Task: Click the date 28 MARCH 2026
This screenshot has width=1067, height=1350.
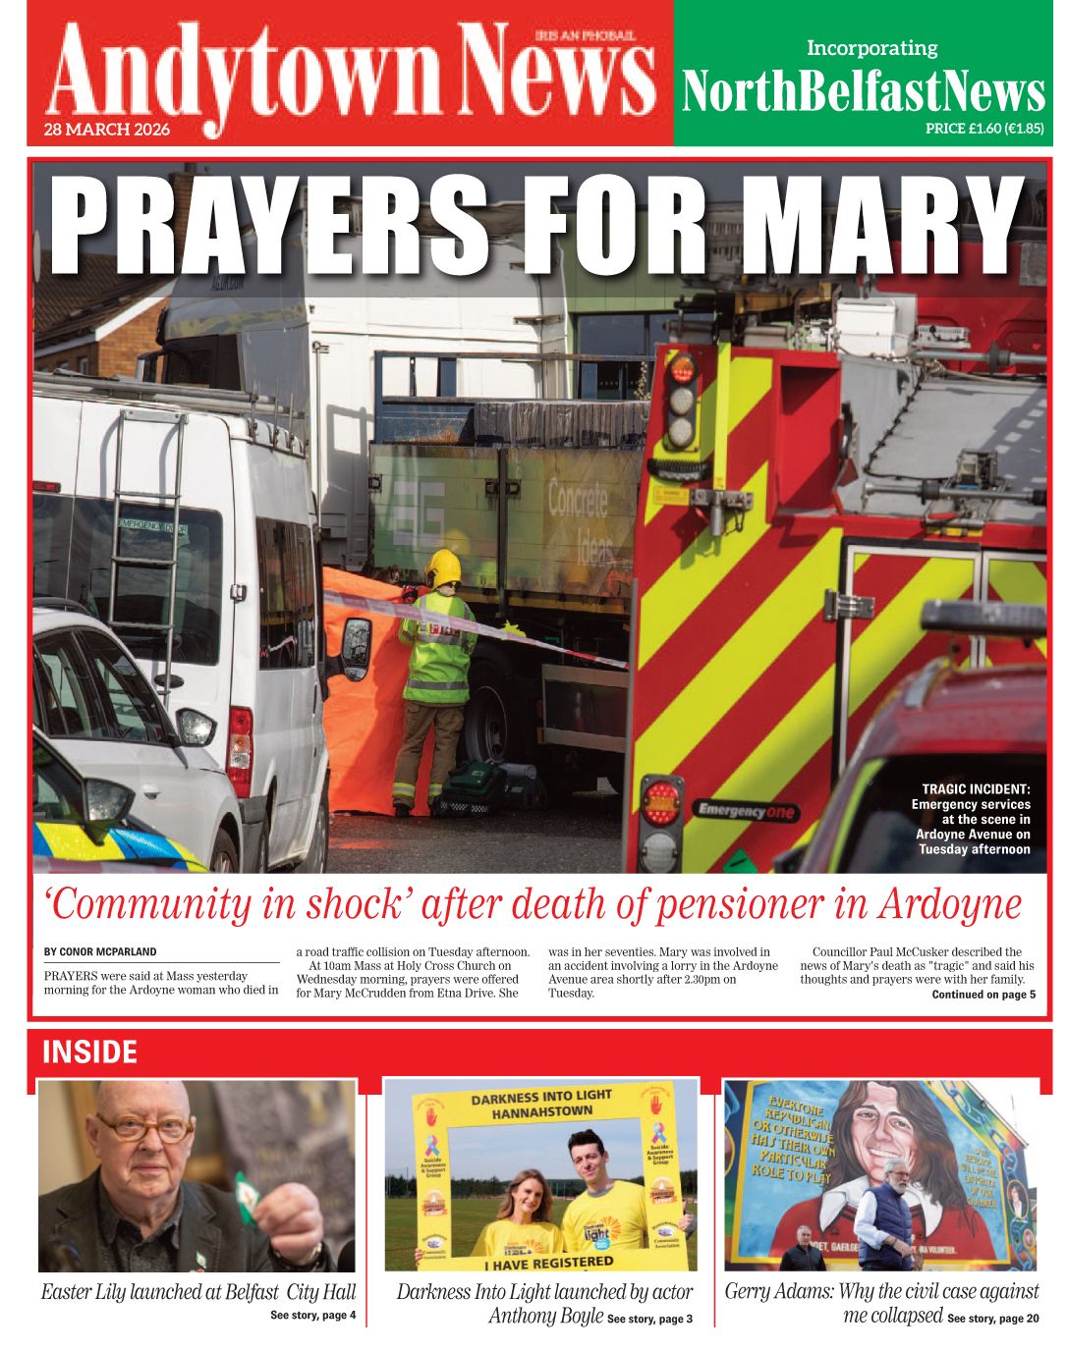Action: click(106, 130)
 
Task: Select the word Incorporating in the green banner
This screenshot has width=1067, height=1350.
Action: click(871, 48)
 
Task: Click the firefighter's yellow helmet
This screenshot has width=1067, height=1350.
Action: click(443, 567)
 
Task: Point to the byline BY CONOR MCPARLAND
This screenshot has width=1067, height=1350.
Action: click(100, 951)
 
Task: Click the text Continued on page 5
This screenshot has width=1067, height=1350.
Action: click(983, 995)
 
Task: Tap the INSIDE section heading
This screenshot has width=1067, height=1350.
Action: click(89, 1053)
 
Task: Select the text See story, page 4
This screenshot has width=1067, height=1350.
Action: click(312, 1316)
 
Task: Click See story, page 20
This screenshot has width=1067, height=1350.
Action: click(992, 1319)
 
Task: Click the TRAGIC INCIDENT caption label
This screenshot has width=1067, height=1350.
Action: click(976, 788)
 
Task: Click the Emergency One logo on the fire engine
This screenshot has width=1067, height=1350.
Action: click(746, 811)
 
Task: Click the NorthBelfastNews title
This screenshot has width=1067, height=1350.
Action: click(863, 92)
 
